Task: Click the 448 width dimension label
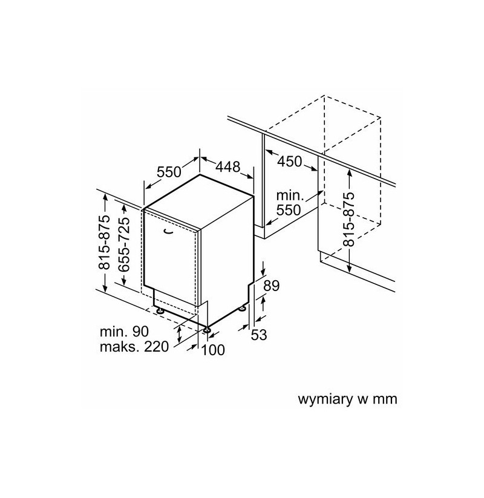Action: click(x=227, y=167)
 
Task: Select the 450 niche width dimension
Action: click(x=289, y=162)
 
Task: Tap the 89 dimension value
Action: click(x=271, y=286)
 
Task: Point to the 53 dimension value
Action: click(x=259, y=335)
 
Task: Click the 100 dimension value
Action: click(x=213, y=350)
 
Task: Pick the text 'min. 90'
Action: click(x=124, y=332)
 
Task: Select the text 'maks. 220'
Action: click(x=134, y=347)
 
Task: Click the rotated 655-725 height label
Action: click(x=124, y=244)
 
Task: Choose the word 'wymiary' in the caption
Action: click(x=325, y=399)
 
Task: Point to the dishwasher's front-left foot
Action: click(x=160, y=310)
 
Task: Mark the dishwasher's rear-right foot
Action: click(x=243, y=308)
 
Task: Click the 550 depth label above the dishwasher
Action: click(x=169, y=172)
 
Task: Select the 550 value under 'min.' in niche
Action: click(x=289, y=210)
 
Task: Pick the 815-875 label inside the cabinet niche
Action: click(x=348, y=220)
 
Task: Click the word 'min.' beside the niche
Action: click(x=290, y=195)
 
